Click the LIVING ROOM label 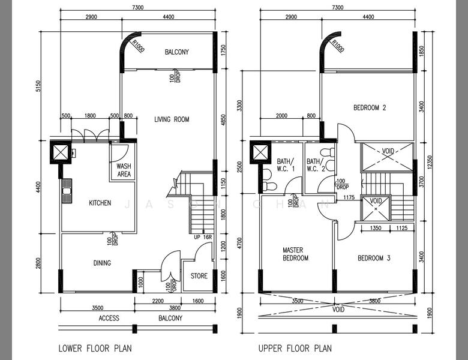[x=172, y=119]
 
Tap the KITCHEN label [x=100, y=203]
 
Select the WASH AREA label [x=124, y=170]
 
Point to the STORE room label [x=199, y=276]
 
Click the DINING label [x=102, y=263]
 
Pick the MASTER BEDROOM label [x=295, y=254]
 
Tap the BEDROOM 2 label [x=370, y=107]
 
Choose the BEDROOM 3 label [x=374, y=258]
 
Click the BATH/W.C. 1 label [x=286, y=165]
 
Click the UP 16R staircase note [x=203, y=238]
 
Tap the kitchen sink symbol [x=67, y=191]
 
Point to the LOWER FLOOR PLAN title [x=95, y=348]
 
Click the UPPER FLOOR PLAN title [x=295, y=348]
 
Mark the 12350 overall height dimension [x=430, y=162]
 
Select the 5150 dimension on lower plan [x=38, y=86]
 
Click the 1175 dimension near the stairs [x=349, y=197]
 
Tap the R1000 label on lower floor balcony [x=138, y=46]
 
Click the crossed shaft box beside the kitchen [x=61, y=152]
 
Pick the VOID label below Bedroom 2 [x=388, y=151]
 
